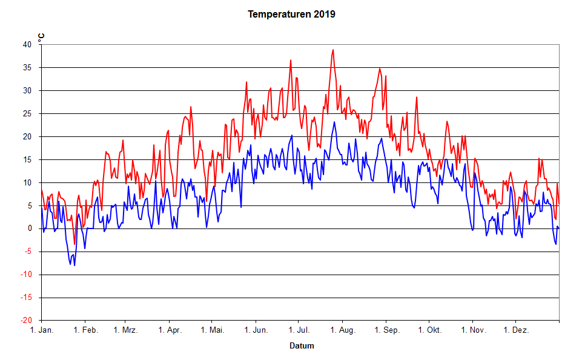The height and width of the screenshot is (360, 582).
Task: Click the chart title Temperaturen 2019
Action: point(291,14)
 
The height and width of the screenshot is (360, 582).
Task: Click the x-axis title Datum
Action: point(302,346)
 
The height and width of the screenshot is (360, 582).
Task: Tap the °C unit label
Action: point(41,38)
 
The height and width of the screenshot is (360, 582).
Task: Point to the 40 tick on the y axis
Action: point(27,45)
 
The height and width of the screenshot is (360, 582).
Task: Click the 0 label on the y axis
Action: point(30,228)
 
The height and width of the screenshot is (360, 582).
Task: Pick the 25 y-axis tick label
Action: point(27,114)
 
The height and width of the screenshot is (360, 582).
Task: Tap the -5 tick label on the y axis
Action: point(28,252)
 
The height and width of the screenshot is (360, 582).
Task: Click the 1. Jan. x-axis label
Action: point(42,331)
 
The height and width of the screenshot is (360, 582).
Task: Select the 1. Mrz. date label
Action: point(126,331)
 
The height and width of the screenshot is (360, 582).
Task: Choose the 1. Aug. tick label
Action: point(343,331)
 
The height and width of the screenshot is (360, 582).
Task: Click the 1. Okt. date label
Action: point(429,331)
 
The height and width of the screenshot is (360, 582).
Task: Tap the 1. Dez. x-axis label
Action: point(516,331)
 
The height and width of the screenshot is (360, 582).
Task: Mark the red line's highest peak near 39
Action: point(333,50)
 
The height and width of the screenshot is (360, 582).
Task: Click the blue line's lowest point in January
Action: point(74,265)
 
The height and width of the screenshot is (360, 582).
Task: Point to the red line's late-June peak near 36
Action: point(291,60)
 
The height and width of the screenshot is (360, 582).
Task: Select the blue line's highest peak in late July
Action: point(334,122)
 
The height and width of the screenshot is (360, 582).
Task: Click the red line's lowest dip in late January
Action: point(74,244)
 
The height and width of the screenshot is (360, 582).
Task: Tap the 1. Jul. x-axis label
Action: point(299,331)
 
